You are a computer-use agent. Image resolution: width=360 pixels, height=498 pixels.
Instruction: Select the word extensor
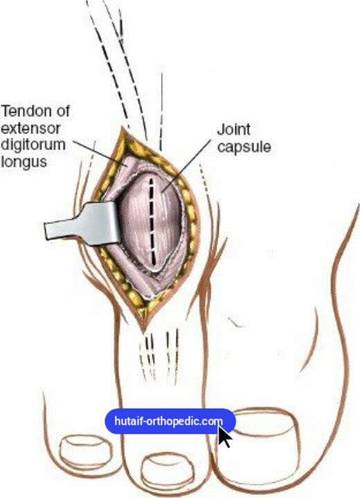[30, 129]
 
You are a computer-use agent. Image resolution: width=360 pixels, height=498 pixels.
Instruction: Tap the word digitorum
[33, 145]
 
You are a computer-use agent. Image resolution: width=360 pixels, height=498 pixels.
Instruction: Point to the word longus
[24, 161]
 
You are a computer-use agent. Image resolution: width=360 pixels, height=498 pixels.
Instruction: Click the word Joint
[233, 129]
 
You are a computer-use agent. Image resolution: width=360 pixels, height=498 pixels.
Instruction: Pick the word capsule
[244, 147]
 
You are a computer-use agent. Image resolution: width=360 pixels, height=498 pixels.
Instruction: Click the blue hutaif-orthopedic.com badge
[170, 421]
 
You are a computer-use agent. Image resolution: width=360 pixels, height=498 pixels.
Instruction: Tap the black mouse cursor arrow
[224, 436]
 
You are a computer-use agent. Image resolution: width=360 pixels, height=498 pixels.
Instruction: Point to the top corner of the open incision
[122, 127]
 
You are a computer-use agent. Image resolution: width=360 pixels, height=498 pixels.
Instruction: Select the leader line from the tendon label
[99, 153]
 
